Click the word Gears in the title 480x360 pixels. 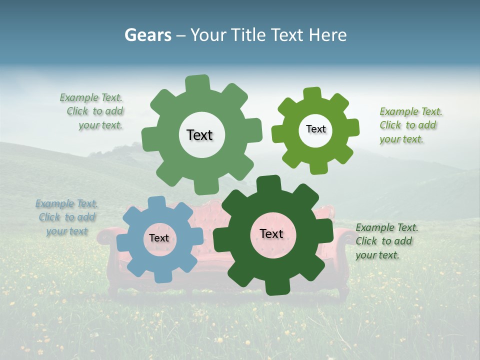pos(147,35)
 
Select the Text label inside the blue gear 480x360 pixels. pos(159,238)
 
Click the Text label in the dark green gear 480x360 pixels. pos(271,233)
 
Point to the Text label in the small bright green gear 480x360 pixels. pos(315,129)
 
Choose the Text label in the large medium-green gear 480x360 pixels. pos(199,135)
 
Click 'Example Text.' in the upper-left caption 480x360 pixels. pos(91,97)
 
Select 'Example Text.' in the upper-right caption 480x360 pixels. pos(411,111)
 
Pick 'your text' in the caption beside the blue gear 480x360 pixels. pos(67,231)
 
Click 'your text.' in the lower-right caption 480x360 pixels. pos(377,254)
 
